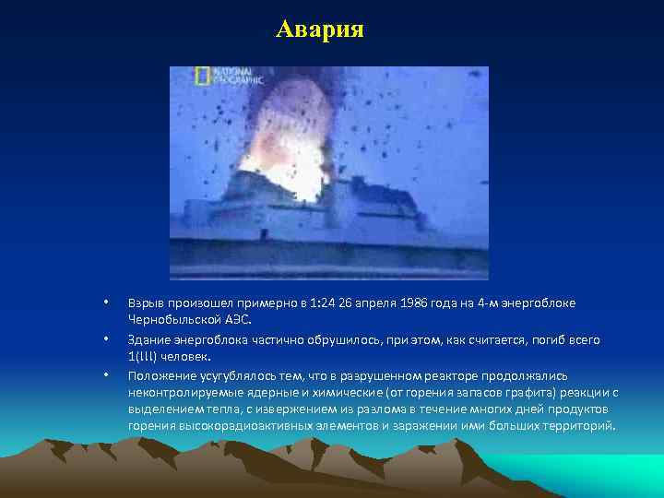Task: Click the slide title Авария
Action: pyautogui.click(x=320, y=30)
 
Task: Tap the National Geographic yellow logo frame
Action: pyautogui.click(x=202, y=77)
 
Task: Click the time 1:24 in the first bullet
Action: pyautogui.click(x=323, y=303)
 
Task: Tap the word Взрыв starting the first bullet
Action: pyautogui.click(x=147, y=303)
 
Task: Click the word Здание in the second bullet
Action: pyautogui.click(x=149, y=339)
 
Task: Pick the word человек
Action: pyautogui.click(x=187, y=355)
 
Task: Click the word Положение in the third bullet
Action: pyautogui.click(x=158, y=375)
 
